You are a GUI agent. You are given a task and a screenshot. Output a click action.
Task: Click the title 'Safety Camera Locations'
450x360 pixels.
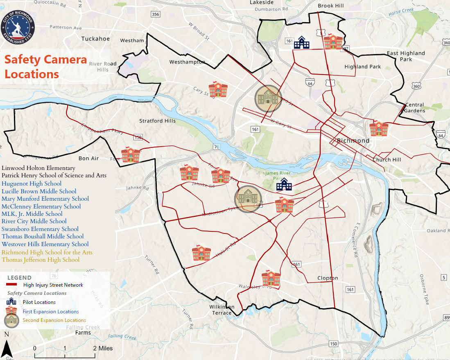(x=45, y=67)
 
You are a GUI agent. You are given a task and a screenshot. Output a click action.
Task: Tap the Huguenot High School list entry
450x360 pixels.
(x=31, y=183)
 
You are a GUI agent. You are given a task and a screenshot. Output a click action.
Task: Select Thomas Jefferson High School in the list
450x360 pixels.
(x=41, y=260)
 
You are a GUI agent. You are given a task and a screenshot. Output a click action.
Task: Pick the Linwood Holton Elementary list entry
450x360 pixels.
(x=38, y=168)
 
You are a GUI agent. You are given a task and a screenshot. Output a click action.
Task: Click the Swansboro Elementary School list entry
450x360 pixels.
(x=40, y=229)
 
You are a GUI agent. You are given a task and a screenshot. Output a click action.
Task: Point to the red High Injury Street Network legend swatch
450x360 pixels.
(x=14, y=285)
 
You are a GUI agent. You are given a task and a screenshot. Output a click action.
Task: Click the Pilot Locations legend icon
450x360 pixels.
(x=11, y=302)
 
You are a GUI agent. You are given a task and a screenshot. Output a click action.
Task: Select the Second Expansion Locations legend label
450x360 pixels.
(x=54, y=320)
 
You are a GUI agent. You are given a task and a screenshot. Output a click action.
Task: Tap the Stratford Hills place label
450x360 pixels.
(x=157, y=121)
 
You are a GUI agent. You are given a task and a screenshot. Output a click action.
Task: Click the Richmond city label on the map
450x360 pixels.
(x=353, y=140)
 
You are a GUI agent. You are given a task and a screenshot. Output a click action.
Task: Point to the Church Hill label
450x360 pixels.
(x=387, y=160)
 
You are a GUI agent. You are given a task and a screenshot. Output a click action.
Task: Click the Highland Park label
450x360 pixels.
(x=362, y=67)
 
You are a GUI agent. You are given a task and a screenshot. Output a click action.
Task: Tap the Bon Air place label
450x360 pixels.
(x=89, y=158)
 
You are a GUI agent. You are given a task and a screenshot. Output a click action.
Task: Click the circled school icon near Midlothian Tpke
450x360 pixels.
(x=248, y=199)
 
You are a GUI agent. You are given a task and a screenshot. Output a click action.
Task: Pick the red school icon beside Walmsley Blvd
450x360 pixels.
(x=271, y=278)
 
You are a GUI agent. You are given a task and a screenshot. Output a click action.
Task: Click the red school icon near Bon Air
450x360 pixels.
(x=130, y=155)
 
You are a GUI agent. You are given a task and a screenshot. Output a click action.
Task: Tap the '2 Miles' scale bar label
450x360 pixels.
(x=103, y=348)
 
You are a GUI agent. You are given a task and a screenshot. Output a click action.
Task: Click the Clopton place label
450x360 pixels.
(x=328, y=278)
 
